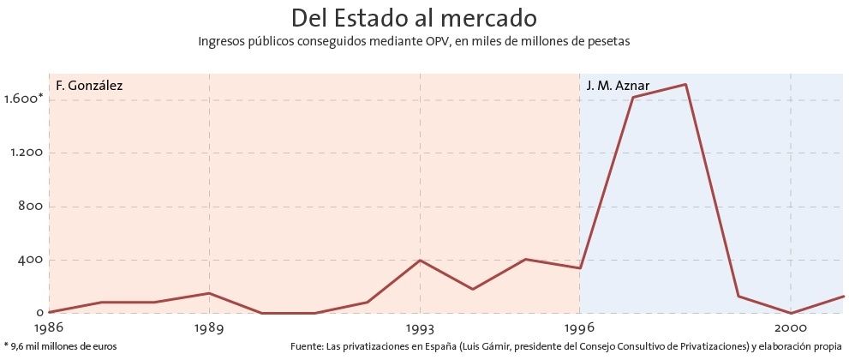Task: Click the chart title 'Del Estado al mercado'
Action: pyautogui.click(x=414, y=17)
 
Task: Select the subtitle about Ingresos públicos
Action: pyautogui.click(x=414, y=40)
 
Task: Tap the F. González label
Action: pyautogui.click(x=89, y=86)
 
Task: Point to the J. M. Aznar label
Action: pyautogui.click(x=618, y=86)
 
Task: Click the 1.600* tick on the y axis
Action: pyautogui.click(x=23, y=99)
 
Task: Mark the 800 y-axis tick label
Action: pyautogui.click(x=31, y=207)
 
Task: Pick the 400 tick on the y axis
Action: pyautogui.click(x=31, y=260)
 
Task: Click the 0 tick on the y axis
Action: pyautogui.click(x=39, y=314)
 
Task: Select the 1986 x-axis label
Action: pyautogui.click(x=49, y=328)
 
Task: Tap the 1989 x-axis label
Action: pyautogui.click(x=209, y=328)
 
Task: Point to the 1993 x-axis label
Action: pyautogui.click(x=420, y=328)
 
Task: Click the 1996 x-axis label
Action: pyautogui.click(x=579, y=328)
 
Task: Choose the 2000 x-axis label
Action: pyautogui.click(x=790, y=328)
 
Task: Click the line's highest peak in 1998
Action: pyautogui.click(x=685, y=84)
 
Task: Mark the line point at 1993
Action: pyautogui.click(x=420, y=261)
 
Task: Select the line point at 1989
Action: pyautogui.click(x=209, y=293)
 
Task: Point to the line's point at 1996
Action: pyautogui.click(x=579, y=268)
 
